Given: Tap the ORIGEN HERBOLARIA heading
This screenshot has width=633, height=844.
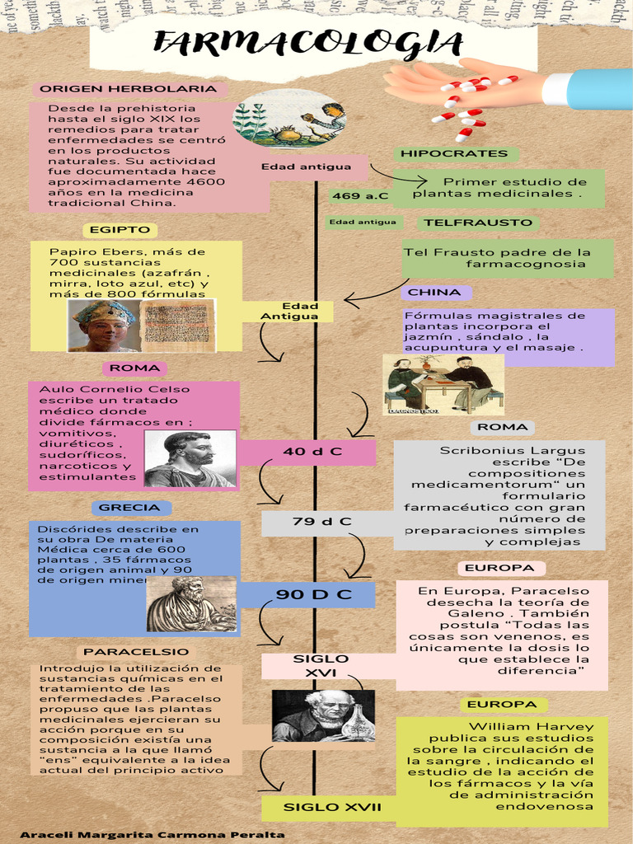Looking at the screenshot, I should (129, 89).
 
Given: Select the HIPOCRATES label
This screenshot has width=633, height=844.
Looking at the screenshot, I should (454, 154).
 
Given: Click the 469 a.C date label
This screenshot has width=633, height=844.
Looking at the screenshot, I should (359, 196).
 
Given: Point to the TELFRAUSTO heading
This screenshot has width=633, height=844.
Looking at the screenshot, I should (478, 223).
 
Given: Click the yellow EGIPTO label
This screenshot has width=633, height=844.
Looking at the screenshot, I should (120, 230).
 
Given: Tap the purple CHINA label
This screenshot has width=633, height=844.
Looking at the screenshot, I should (434, 293).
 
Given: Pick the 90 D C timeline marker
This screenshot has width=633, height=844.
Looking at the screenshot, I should (313, 594).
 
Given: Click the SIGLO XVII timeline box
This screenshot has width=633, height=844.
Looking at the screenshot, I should (332, 807).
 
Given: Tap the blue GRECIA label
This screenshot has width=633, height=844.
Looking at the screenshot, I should (129, 508).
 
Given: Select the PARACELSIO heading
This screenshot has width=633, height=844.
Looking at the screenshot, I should (136, 652).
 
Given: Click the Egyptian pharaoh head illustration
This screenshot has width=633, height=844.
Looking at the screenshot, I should (104, 326).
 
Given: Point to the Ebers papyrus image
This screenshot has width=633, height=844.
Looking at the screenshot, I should (176, 325).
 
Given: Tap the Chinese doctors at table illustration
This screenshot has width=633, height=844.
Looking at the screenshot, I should (444, 385).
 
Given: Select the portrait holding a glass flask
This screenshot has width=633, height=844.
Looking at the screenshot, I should (324, 715).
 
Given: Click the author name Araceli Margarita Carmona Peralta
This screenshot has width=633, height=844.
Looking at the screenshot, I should (152, 835).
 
